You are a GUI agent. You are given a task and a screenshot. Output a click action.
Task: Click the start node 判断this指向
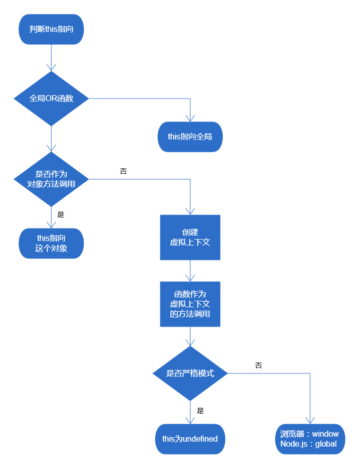pyautogui.click(x=51, y=29)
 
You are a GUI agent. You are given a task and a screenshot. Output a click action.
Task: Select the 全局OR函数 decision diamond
pyautogui.click(x=51, y=99)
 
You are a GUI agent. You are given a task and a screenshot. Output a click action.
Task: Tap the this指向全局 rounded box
pyautogui.click(x=190, y=136)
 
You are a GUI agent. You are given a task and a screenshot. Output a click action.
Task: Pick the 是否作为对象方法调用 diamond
pyautogui.click(x=51, y=179)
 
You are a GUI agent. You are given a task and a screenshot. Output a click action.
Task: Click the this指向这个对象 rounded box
pyautogui.click(x=51, y=243)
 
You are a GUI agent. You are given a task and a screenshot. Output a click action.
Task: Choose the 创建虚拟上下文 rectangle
pyautogui.click(x=190, y=237)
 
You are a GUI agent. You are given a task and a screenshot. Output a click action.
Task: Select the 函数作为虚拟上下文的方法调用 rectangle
pyautogui.click(x=190, y=304)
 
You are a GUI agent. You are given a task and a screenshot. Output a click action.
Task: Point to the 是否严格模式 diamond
pyautogui.click(x=190, y=373)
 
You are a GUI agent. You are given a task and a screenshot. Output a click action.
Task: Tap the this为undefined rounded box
pyautogui.click(x=190, y=439)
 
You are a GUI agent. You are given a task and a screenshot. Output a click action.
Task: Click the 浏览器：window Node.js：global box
pyautogui.click(x=310, y=439)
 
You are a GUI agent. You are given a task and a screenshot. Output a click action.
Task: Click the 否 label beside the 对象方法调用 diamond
pyautogui.click(x=123, y=171)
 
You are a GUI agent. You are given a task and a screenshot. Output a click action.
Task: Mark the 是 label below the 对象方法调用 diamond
pyautogui.click(x=61, y=215)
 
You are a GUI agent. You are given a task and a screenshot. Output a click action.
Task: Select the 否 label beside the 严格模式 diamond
pyautogui.click(x=258, y=365)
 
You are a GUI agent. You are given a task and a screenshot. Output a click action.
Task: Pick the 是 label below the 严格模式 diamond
pyautogui.click(x=200, y=411)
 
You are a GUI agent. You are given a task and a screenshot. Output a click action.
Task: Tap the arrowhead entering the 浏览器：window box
pyautogui.click(x=310, y=420)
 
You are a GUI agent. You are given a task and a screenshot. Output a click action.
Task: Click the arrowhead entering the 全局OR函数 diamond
pyautogui.click(x=51, y=68)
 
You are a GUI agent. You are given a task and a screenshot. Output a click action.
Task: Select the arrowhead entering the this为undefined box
pyautogui.click(x=190, y=420)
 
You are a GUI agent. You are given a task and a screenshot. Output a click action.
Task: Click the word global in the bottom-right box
pyautogui.click(x=326, y=444)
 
